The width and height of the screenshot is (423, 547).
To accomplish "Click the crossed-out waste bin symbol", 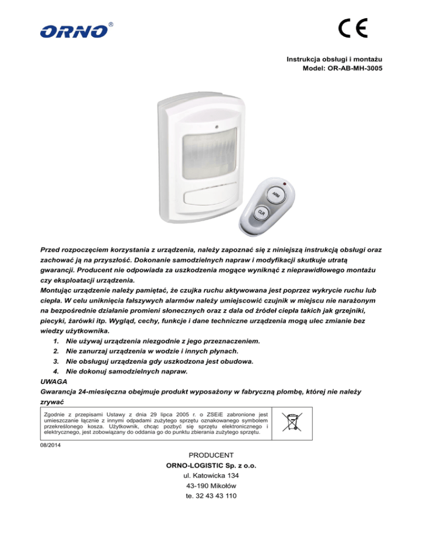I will click(x=292, y=422).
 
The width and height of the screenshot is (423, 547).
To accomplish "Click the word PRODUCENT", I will click(x=211, y=455).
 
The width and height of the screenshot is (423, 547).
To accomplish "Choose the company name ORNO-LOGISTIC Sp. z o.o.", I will click(x=211, y=466).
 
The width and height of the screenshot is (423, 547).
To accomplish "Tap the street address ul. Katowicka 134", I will click(x=211, y=476).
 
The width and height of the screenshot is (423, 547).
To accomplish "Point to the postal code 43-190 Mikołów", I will click(x=211, y=486).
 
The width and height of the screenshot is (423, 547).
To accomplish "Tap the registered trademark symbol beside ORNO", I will click(x=111, y=25).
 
